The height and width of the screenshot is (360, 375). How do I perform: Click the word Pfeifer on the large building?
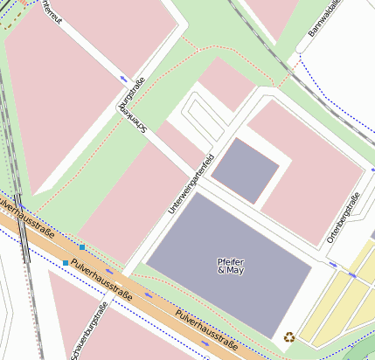pyautogui.click(x=231, y=262)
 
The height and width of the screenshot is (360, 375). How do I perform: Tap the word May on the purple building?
pyautogui.click(x=233, y=272)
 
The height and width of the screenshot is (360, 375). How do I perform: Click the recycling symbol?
pyautogui.click(x=288, y=336)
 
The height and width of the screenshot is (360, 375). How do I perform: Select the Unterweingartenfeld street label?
pyautogui.click(x=191, y=184)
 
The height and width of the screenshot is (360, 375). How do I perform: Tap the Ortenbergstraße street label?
pyautogui.click(x=343, y=218)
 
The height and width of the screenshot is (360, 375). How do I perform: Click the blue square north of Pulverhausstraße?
pyautogui.click(x=82, y=248)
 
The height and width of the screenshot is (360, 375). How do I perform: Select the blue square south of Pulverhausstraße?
pyautogui.click(x=65, y=262)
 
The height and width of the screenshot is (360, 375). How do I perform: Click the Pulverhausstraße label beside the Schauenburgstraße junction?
pyautogui.click(x=102, y=279)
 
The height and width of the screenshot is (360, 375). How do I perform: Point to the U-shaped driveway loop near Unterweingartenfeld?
pyautogui.click(x=199, y=120)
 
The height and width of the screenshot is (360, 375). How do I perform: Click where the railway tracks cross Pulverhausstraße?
pyautogui.click(x=22, y=222)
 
